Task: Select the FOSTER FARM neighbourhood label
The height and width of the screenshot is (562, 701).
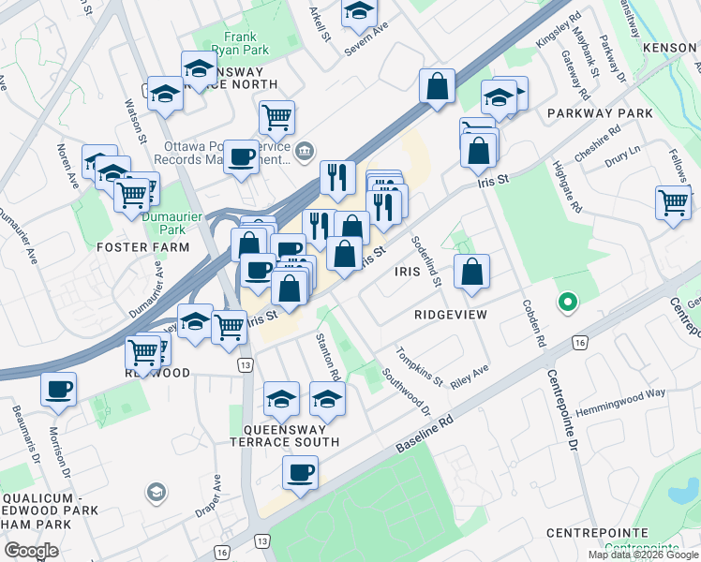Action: pos(142,247)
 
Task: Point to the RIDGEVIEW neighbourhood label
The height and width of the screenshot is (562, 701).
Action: pos(451,315)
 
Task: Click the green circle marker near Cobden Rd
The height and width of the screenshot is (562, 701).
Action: pos(566,303)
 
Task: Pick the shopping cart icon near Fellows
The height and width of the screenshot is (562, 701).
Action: pos(673,202)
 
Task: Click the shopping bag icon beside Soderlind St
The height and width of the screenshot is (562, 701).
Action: pos(471,272)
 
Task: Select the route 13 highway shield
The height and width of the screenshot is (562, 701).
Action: pos(246,363)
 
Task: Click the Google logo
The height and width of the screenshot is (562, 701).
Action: pos(31,550)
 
